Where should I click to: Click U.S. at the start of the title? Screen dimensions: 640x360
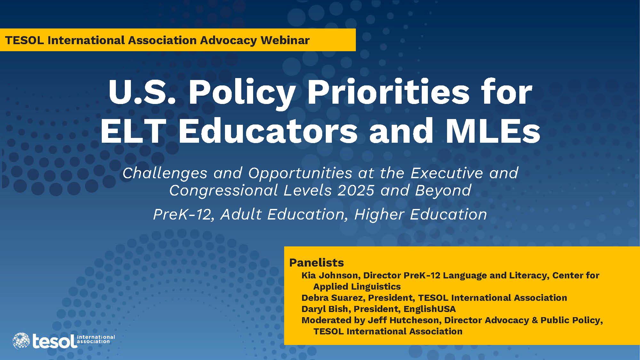[x=142, y=93]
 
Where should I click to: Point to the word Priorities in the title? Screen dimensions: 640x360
[x=388, y=92]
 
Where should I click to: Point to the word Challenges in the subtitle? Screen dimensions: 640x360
[x=165, y=174]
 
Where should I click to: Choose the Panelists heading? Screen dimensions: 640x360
[x=316, y=263]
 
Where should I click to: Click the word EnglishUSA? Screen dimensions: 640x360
[x=429, y=309]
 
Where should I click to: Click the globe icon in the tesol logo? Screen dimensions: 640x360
[x=21, y=341]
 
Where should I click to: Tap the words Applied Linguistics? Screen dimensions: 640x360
[x=357, y=287]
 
